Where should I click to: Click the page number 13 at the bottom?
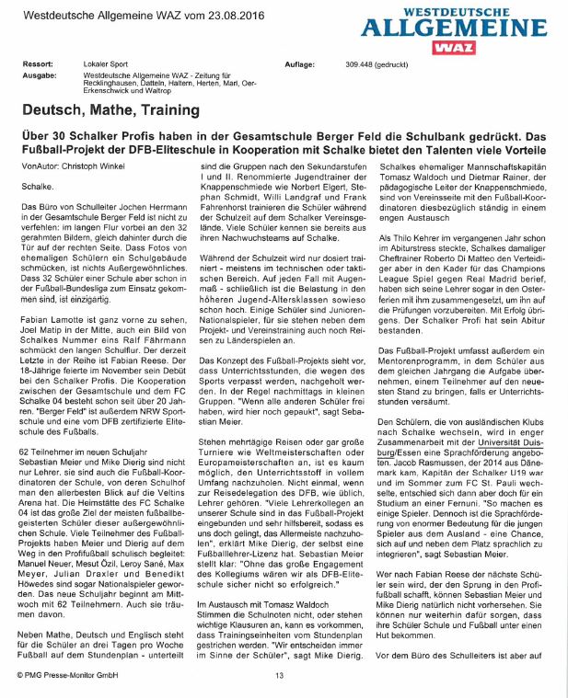coord(280,677)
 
